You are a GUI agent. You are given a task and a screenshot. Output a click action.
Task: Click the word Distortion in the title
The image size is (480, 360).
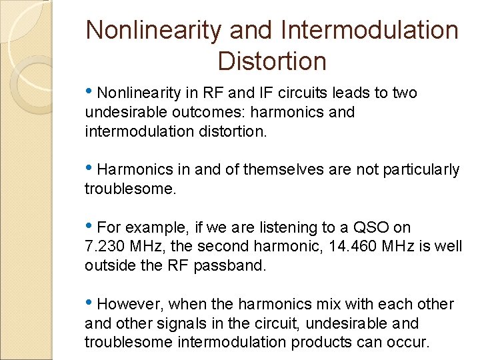(x=272, y=61)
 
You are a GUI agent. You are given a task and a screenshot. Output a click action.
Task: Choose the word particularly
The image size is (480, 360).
(x=421, y=170)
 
